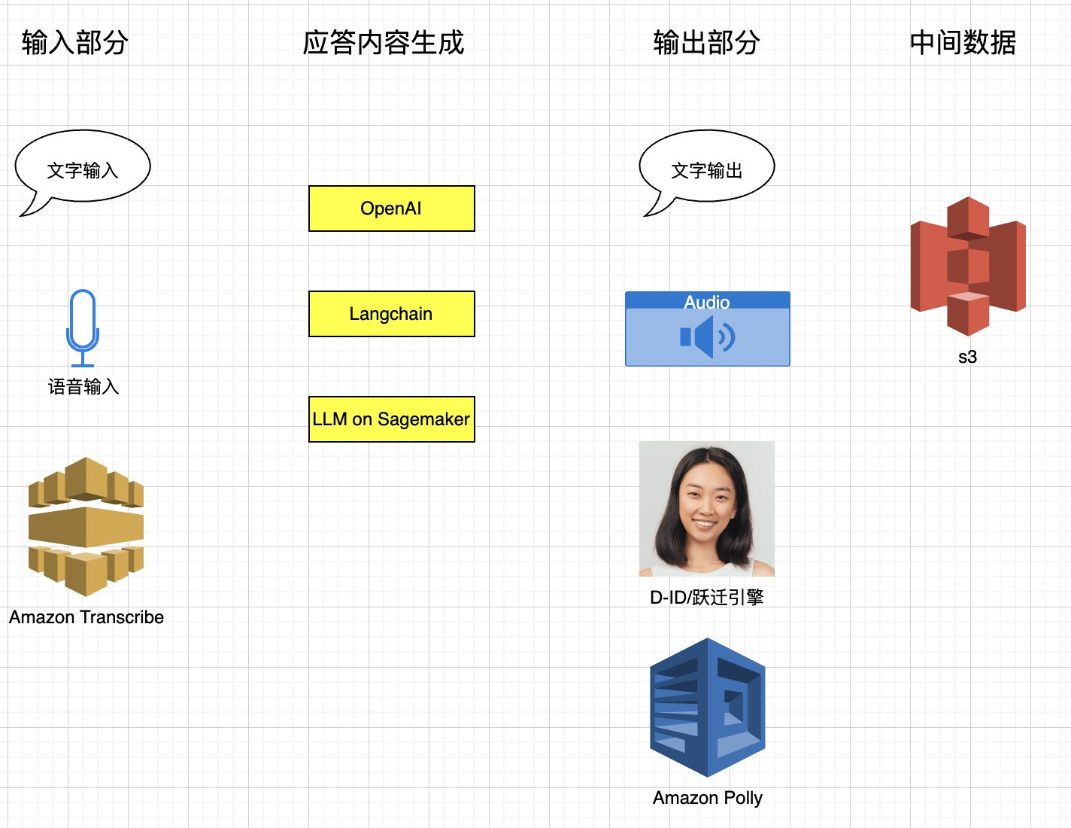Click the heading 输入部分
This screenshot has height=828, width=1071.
click(75, 42)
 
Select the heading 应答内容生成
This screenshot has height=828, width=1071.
click(383, 42)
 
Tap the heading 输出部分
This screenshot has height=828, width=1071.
click(706, 42)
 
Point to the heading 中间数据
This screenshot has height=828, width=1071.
click(963, 42)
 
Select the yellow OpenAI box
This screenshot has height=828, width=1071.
click(392, 209)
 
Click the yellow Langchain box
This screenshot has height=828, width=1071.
click(392, 314)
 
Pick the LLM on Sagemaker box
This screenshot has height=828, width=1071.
click(392, 419)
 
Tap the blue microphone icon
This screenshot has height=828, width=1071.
click(83, 328)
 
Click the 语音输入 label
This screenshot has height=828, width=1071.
click(83, 387)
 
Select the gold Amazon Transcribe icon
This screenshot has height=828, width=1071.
click(86, 527)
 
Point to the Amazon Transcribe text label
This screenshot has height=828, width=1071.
click(86, 617)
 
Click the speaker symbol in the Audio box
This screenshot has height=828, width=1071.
click(707, 337)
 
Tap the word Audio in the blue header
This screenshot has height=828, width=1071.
click(707, 302)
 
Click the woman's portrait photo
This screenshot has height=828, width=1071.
click(707, 509)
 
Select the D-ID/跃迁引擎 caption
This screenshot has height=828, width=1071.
click(707, 597)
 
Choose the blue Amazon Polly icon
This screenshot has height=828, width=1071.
click(708, 707)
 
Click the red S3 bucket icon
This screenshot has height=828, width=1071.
click(968, 266)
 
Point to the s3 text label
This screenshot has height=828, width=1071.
click(967, 357)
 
